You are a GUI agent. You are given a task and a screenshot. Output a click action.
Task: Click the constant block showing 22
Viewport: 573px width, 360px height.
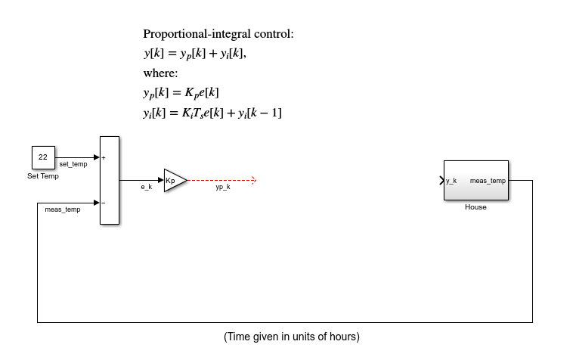coord(43,157)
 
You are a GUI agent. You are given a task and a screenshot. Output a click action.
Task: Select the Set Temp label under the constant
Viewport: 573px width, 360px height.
coord(43,176)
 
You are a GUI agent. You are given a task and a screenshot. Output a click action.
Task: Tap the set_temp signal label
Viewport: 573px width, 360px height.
coord(73,164)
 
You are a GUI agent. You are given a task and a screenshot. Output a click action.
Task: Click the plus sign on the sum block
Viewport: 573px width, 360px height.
coord(104,157)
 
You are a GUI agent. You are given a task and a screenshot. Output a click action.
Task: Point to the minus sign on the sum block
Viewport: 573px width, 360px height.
coord(104,203)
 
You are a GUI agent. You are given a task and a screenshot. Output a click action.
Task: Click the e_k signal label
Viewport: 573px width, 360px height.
coord(147,187)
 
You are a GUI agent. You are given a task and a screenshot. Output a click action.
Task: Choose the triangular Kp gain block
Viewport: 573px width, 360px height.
coord(173,181)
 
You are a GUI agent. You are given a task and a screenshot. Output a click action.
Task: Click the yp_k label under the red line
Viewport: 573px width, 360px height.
coord(222,187)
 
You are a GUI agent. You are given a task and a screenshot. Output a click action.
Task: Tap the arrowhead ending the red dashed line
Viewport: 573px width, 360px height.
coord(254,181)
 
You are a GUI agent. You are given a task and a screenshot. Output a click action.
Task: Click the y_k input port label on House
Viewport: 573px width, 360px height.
coord(451,181)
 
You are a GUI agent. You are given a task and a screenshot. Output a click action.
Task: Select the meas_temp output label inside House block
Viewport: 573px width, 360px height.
coord(488,181)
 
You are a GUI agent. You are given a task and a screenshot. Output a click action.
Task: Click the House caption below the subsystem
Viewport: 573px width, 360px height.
coord(475,206)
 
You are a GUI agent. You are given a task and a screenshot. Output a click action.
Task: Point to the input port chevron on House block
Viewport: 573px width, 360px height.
coord(441,181)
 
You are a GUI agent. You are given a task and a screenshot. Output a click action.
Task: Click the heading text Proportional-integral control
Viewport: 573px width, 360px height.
coord(218,34)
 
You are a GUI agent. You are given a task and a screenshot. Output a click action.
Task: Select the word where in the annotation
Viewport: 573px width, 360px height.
coord(160,73)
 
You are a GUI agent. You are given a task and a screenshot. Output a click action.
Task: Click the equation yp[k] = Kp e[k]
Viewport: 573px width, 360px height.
coord(181,93)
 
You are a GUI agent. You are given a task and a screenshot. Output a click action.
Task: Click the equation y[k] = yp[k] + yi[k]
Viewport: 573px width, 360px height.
coord(195,54)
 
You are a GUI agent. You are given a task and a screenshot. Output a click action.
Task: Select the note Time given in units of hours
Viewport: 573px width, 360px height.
coord(291,336)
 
